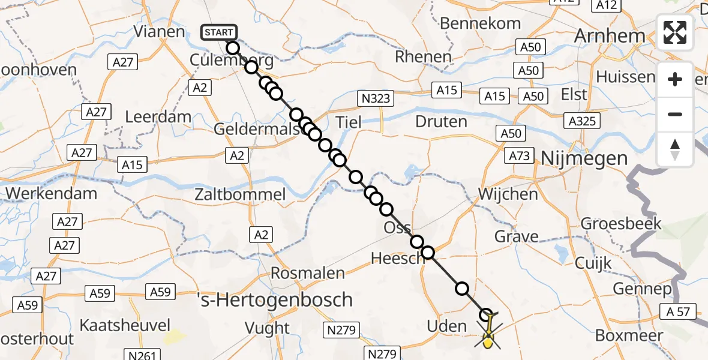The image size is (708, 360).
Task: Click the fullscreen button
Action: click(675, 32)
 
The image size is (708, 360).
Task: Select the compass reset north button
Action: click(675, 149)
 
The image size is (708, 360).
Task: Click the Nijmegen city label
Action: click(584, 158)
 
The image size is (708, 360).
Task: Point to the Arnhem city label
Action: click(610, 35)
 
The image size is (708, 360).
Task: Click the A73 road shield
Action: click(520, 156)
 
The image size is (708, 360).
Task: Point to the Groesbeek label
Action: click(629, 224)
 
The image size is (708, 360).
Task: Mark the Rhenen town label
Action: click(424, 57)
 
